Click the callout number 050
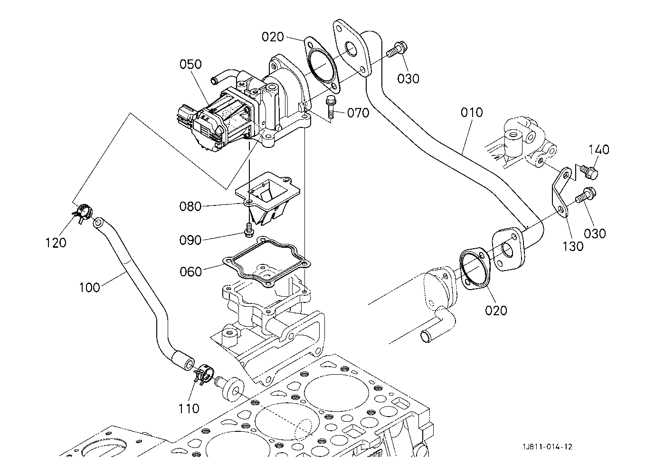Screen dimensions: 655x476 pyautogui.click(x=190, y=64)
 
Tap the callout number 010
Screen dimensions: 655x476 pyautogui.click(x=472, y=112)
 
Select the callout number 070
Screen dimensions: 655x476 pyautogui.click(x=358, y=113)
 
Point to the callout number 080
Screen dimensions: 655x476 pyautogui.click(x=190, y=207)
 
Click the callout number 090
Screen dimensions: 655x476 pyautogui.click(x=190, y=240)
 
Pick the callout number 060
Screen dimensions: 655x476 pyautogui.click(x=190, y=272)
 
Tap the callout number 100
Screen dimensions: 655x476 pyautogui.click(x=89, y=288)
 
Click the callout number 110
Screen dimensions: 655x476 pyautogui.click(x=189, y=408)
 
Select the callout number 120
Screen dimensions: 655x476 pyautogui.click(x=56, y=243)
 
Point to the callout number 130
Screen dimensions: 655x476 pyautogui.click(x=573, y=246)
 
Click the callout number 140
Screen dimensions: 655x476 pyautogui.click(x=598, y=150)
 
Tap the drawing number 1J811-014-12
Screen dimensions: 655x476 pyautogui.click(x=547, y=447)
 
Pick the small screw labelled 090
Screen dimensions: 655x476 pyautogui.click(x=249, y=229)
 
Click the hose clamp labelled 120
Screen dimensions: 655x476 pyautogui.click(x=83, y=213)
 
